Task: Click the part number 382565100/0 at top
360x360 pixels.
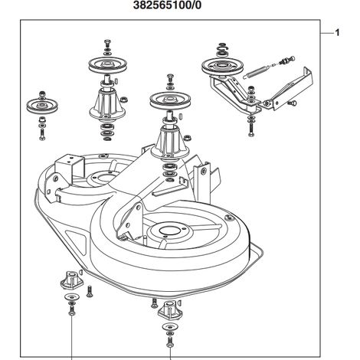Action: (167, 5)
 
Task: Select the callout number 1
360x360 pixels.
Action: (337, 33)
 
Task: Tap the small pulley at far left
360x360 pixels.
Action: (42, 106)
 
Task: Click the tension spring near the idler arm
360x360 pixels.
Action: (258, 71)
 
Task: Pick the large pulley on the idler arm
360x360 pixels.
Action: (222, 67)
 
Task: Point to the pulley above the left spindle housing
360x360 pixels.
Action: (107, 64)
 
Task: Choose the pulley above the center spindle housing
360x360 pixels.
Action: (170, 100)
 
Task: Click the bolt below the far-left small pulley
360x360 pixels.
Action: (42, 134)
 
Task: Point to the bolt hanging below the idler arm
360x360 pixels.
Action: (251, 129)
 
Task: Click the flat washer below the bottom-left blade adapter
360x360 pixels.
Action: (71, 297)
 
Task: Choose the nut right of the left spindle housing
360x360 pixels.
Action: (124, 100)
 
